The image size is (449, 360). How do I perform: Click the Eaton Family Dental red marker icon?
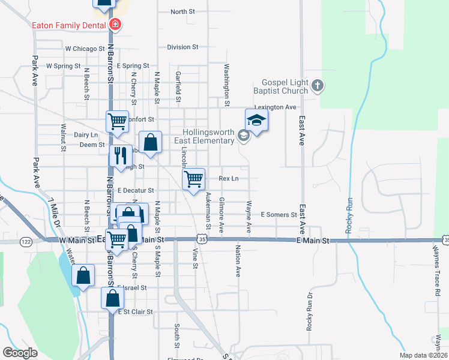(114, 25)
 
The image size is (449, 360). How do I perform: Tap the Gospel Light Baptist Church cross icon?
(318, 87)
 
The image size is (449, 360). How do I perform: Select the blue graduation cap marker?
(256, 120)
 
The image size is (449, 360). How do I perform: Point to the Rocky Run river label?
(348, 216)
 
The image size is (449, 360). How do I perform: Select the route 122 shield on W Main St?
(26, 241)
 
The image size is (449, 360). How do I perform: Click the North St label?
(182, 11)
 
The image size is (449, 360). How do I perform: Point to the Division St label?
(182, 47)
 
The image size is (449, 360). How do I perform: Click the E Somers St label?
(279, 214)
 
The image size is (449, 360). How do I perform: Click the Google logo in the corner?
(20, 353)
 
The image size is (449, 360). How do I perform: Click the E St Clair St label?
(135, 312)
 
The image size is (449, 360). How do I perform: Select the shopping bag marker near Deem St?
(151, 143)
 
